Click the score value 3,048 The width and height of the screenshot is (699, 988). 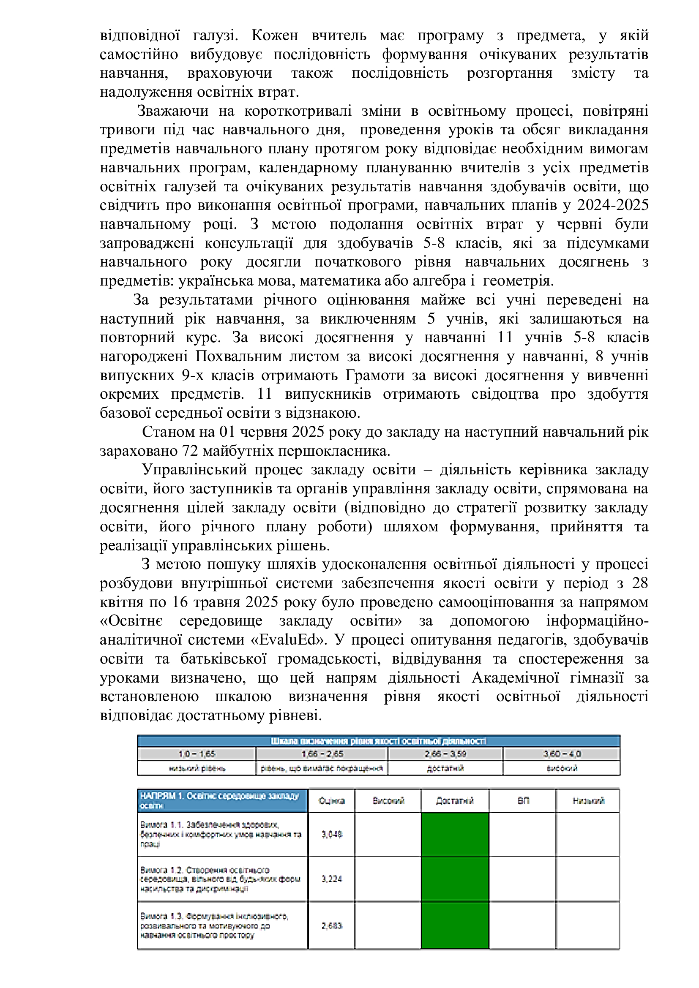(x=331, y=834)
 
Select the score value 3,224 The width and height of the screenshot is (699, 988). (x=331, y=879)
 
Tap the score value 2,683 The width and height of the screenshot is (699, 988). (x=331, y=925)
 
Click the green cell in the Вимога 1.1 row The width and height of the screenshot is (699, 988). (x=455, y=834)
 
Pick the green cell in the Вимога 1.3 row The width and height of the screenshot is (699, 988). (x=455, y=925)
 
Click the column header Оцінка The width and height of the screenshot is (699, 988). (x=331, y=801)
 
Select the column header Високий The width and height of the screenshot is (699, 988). (x=388, y=801)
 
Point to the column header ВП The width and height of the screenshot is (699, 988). (x=522, y=801)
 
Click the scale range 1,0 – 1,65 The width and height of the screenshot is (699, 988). (x=197, y=754)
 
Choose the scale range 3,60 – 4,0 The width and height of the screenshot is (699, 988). (x=562, y=754)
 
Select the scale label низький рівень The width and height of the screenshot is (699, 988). (x=197, y=768)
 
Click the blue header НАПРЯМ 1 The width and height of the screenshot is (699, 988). (x=222, y=801)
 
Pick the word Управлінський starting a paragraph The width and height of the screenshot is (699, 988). (x=194, y=469)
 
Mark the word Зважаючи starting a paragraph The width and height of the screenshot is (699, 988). (x=172, y=111)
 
